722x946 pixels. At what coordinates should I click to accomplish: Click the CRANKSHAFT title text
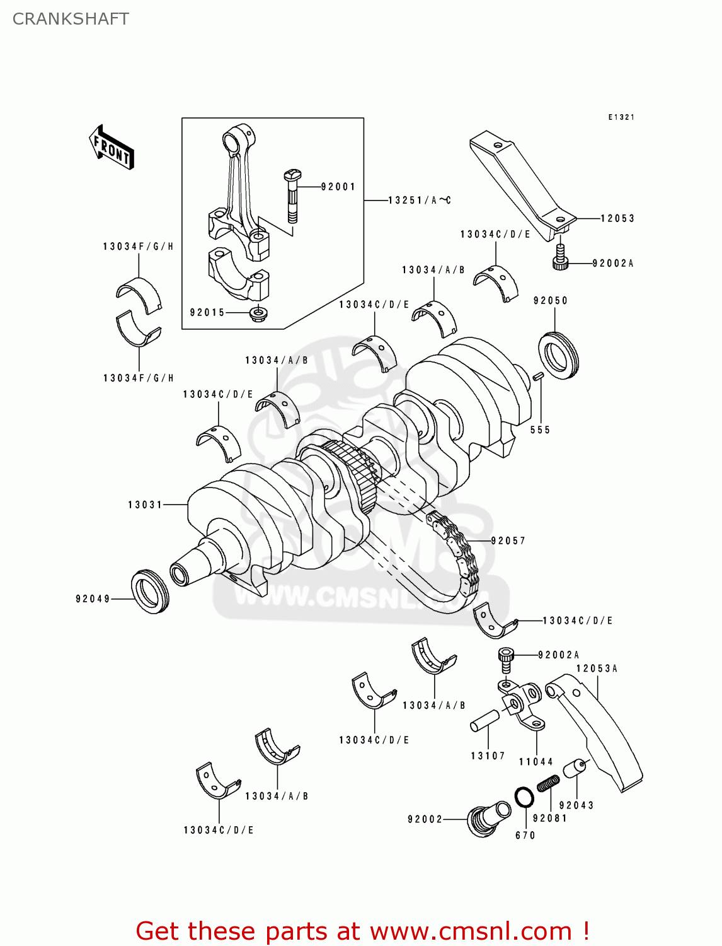coord(71,19)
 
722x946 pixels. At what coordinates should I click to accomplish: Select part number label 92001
coord(338,187)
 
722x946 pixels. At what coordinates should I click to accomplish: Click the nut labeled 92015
coord(257,313)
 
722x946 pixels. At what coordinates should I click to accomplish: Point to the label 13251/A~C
coord(420,201)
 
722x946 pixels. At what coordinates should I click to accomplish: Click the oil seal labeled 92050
coord(558,355)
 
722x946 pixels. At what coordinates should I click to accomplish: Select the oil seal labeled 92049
coord(150,591)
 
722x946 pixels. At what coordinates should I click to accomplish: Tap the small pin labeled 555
coord(537,377)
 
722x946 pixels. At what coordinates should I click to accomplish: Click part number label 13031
coord(145,505)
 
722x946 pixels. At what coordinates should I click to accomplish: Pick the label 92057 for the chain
coord(508,540)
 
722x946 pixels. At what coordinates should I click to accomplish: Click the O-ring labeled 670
coord(524,797)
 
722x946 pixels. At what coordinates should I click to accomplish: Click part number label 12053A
coord(597,669)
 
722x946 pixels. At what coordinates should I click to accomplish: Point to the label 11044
coord(536,762)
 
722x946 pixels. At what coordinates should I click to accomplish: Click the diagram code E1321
coord(621,117)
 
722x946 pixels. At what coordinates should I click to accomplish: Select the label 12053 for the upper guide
coord(617,218)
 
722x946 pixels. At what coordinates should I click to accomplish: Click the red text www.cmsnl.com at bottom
coord(470,931)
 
